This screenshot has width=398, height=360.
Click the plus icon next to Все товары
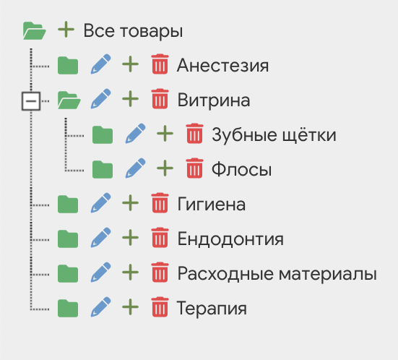click(x=66, y=30)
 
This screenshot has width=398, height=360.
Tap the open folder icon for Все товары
click(x=35, y=31)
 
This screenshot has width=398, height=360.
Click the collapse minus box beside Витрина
click(x=31, y=101)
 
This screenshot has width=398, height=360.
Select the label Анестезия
click(x=222, y=66)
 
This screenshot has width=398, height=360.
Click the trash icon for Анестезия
click(x=160, y=64)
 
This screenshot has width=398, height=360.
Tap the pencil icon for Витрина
click(x=101, y=98)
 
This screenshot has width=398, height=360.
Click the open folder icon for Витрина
click(x=69, y=100)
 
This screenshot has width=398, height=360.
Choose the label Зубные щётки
click(x=274, y=135)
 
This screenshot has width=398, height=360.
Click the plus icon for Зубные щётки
click(x=165, y=134)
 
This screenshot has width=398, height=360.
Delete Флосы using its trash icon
click(x=195, y=168)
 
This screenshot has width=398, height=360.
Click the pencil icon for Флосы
click(x=136, y=168)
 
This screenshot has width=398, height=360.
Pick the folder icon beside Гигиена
click(x=68, y=205)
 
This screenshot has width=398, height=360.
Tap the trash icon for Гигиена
click(x=160, y=202)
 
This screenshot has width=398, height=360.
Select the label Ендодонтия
click(x=230, y=239)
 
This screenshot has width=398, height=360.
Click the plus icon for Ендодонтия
click(x=130, y=238)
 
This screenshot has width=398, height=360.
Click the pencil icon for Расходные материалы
click(x=101, y=272)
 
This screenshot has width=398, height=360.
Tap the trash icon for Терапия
click(x=160, y=307)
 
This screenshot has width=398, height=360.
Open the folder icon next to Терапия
click(x=68, y=309)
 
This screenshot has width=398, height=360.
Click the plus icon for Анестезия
click(x=130, y=64)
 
